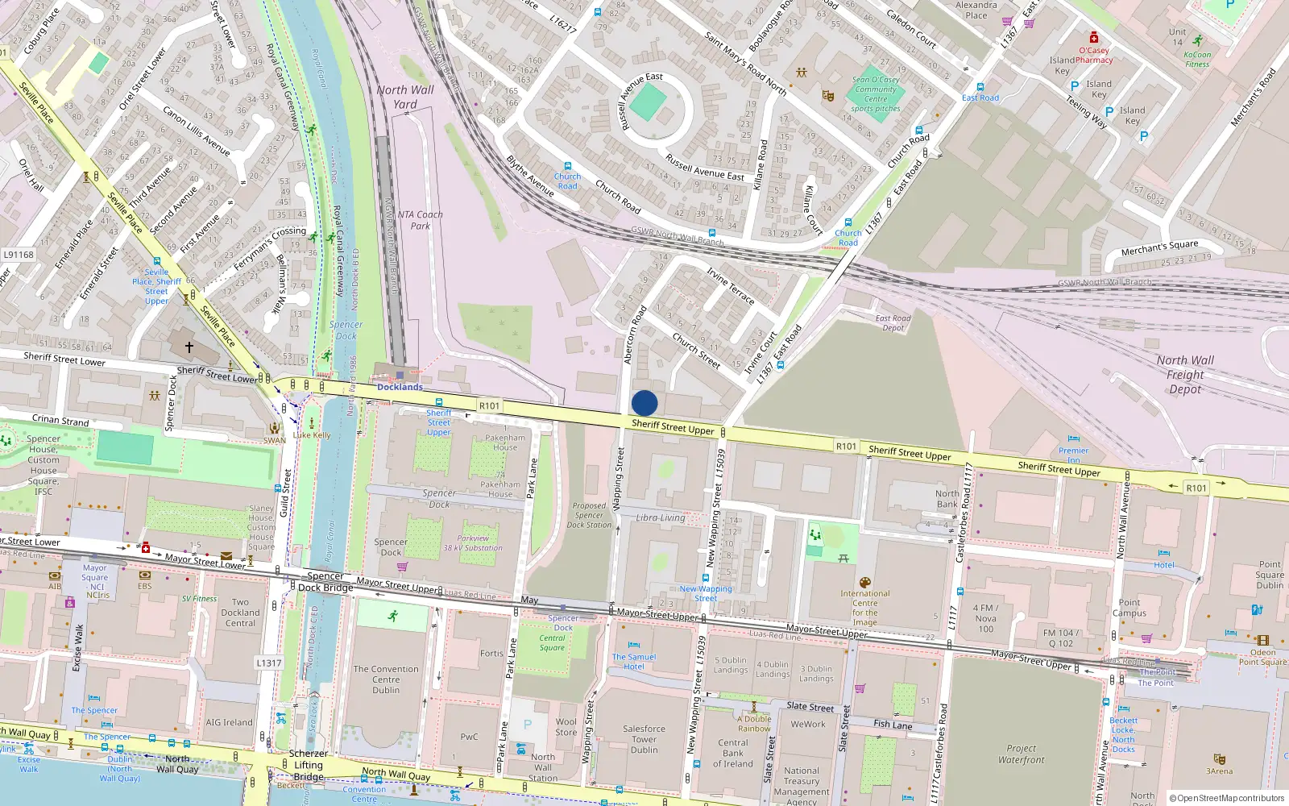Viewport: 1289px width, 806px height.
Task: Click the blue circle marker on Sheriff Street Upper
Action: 644,403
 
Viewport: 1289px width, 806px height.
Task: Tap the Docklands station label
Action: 400,387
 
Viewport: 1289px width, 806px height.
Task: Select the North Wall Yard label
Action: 405,97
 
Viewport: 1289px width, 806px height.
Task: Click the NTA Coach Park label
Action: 420,220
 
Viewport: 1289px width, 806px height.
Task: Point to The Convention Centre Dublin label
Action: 386,679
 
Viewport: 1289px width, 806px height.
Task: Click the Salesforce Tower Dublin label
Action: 644,739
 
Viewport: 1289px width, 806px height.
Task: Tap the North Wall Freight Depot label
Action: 1185,375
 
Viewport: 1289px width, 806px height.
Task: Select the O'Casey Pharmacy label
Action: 1094,55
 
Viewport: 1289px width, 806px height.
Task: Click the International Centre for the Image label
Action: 865,608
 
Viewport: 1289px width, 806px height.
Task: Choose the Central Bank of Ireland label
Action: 732,754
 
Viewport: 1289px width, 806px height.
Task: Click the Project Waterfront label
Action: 1021,754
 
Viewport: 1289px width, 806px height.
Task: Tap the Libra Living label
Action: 661,517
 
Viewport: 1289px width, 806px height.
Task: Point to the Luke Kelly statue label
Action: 312,435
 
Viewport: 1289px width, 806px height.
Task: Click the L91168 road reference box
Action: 19,255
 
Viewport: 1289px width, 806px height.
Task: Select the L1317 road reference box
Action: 269,663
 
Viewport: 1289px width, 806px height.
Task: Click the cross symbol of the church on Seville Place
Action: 189,347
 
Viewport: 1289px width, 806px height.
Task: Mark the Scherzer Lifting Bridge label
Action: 309,765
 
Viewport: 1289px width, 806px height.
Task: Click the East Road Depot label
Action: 893,322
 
